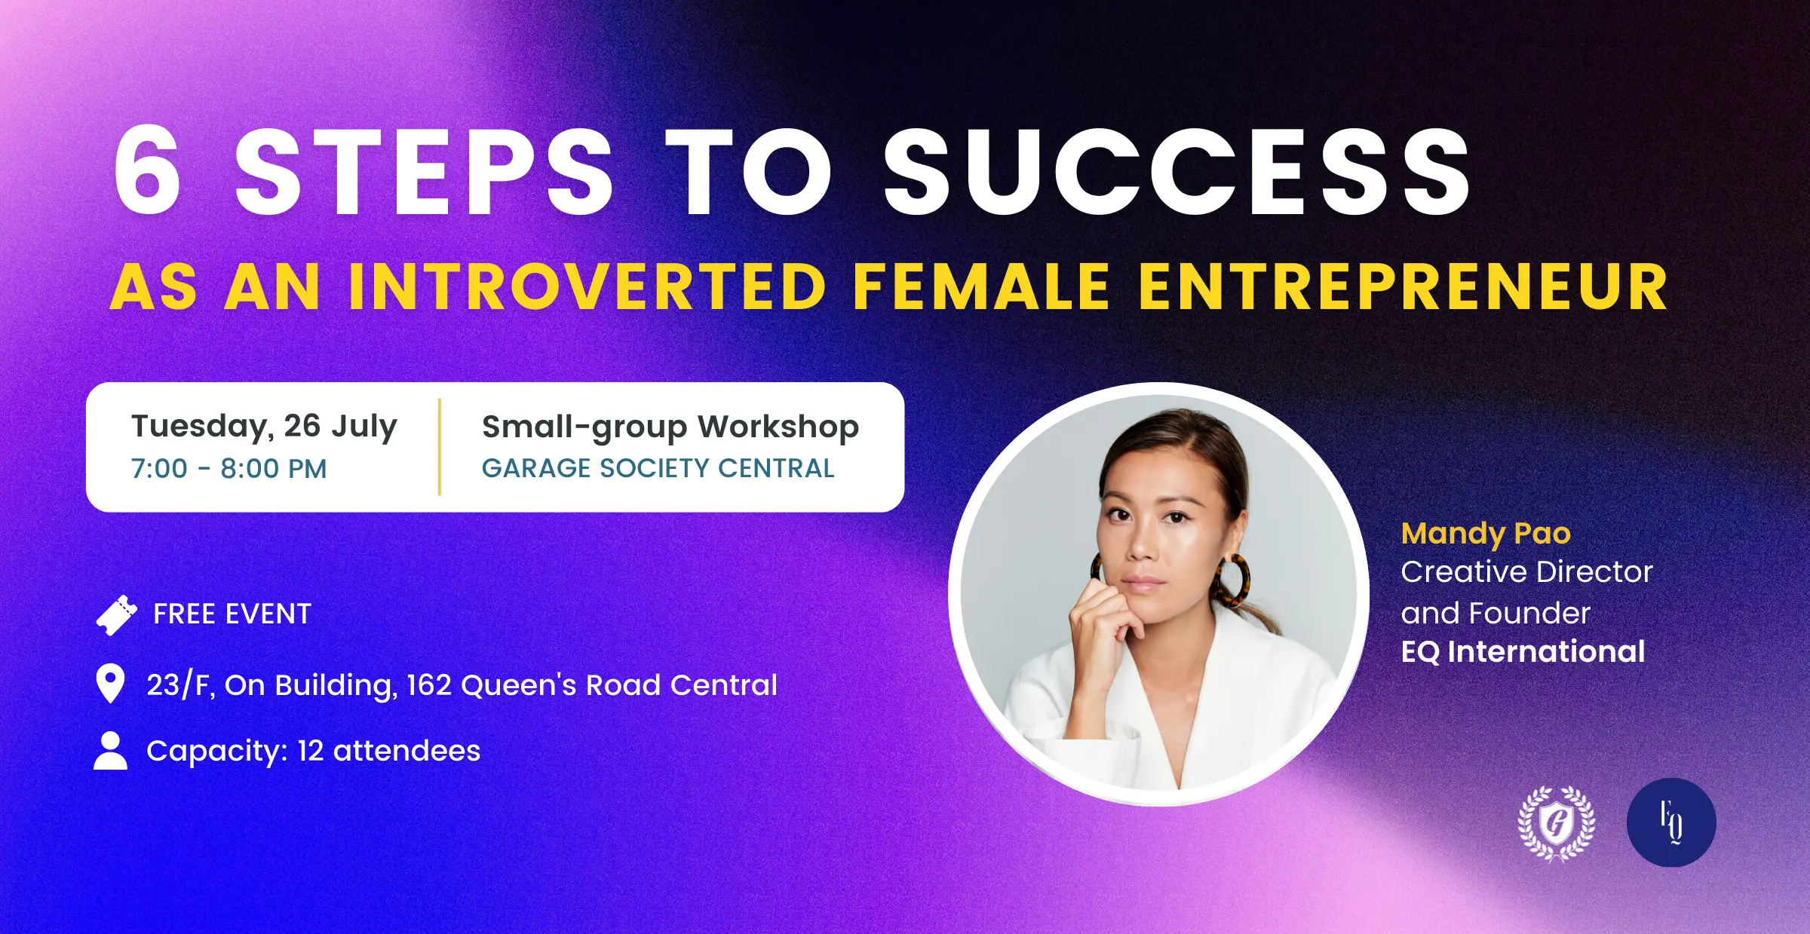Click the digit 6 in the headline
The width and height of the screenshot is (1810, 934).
[x=148, y=171]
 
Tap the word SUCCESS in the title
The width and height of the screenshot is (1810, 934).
[x=1176, y=171]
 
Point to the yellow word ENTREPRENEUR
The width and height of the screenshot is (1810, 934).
[x=1403, y=287]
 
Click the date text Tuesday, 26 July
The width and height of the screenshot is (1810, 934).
[x=264, y=427]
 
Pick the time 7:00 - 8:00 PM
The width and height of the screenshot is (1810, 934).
[x=229, y=469]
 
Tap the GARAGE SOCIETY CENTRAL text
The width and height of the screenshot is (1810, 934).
[x=658, y=468]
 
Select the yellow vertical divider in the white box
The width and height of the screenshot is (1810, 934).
[x=439, y=447]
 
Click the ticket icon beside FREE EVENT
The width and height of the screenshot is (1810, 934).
[x=117, y=615]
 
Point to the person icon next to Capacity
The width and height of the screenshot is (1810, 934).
[x=111, y=751]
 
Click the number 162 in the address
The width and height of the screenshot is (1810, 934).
[x=429, y=685]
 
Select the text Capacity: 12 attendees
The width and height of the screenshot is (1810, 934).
[x=313, y=752]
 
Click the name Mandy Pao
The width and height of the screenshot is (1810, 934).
[x=1486, y=534]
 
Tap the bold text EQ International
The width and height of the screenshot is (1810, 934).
[x=1523, y=652]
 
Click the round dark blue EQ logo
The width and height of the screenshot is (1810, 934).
[x=1671, y=822]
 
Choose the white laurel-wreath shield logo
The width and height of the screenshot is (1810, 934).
[x=1557, y=823]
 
